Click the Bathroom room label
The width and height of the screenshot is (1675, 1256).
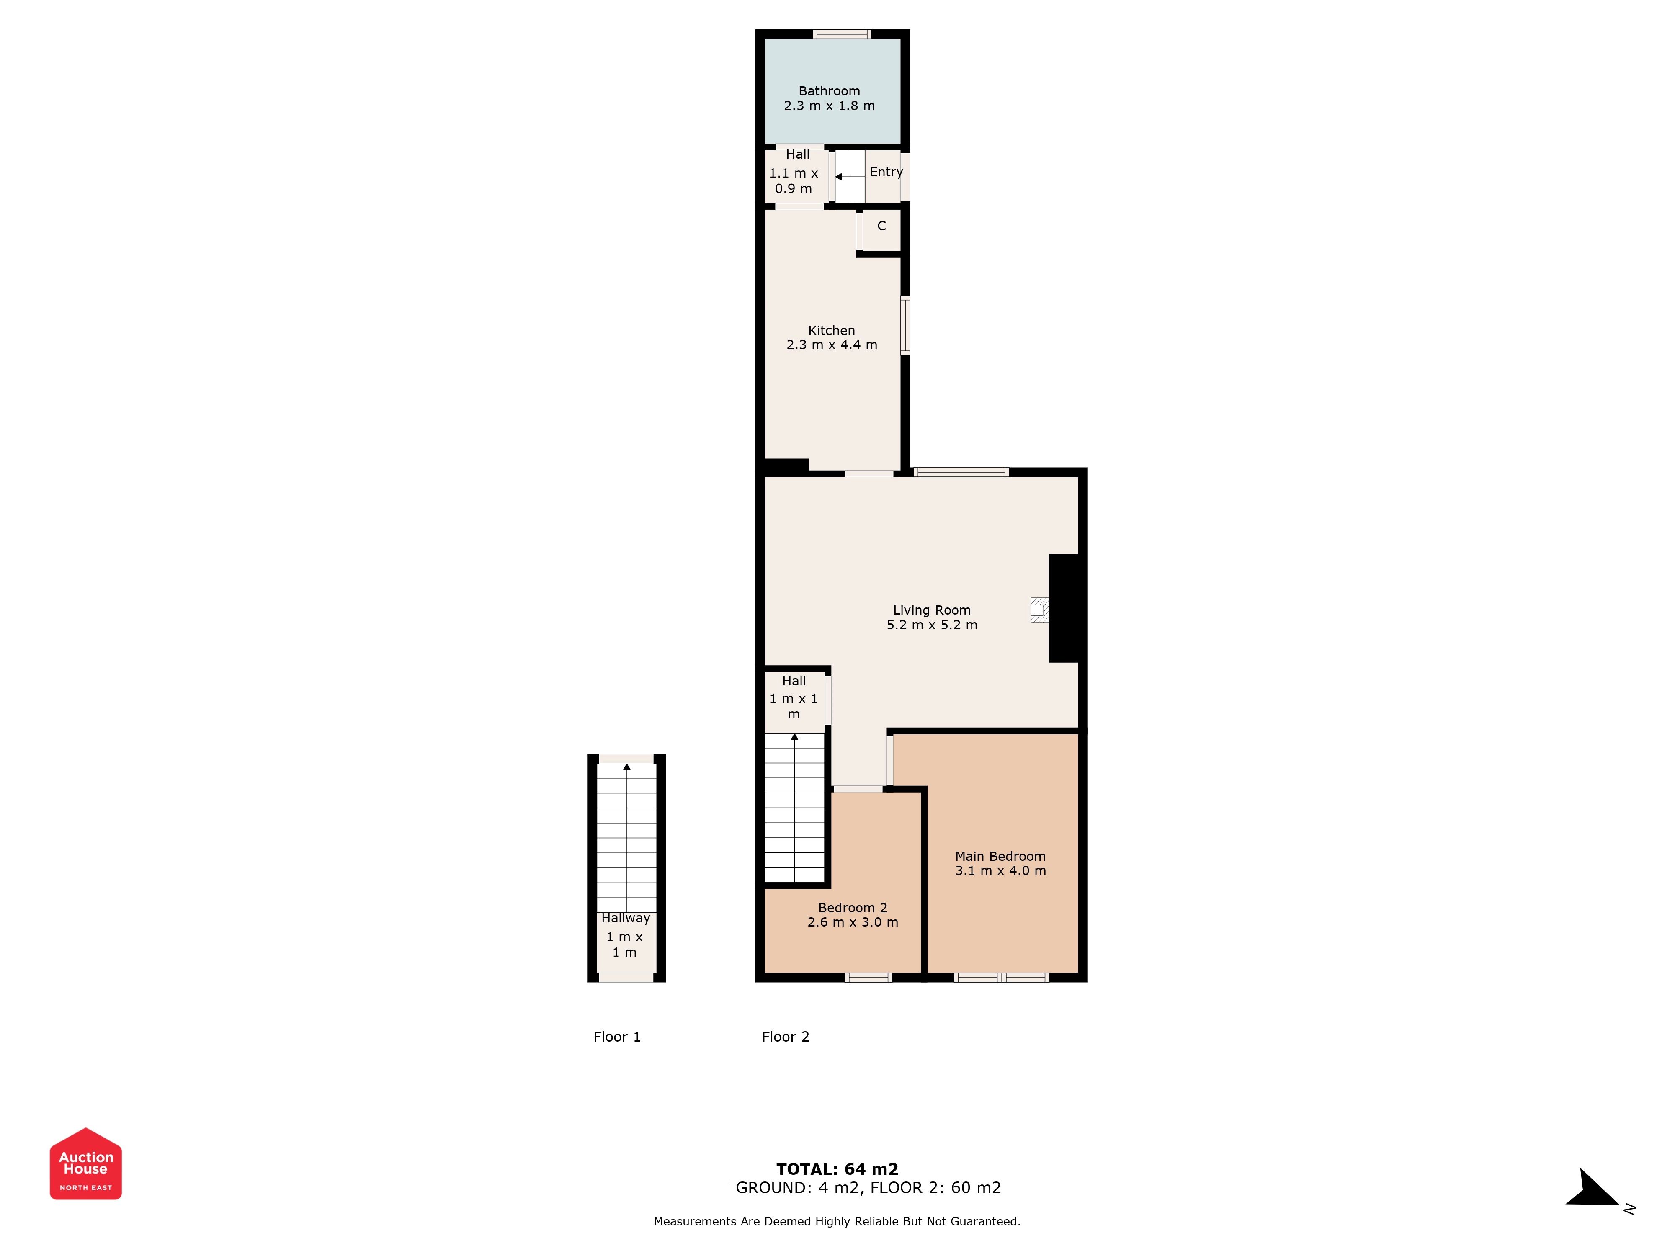[829, 91]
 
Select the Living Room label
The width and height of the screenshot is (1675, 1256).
[931, 610]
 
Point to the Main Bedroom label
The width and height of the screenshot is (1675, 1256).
[1000, 856]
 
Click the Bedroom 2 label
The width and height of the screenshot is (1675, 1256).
[853, 908]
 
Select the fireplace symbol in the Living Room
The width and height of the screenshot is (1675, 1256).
[1039, 610]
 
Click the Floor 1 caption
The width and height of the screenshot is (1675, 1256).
[617, 1037]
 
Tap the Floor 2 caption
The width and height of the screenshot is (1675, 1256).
[785, 1037]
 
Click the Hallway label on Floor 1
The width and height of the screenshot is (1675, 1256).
[626, 918]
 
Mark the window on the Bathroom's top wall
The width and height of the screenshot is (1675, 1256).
[842, 33]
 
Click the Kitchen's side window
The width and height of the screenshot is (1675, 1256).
[905, 326]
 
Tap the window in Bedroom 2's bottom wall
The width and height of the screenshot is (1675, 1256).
[868, 978]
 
